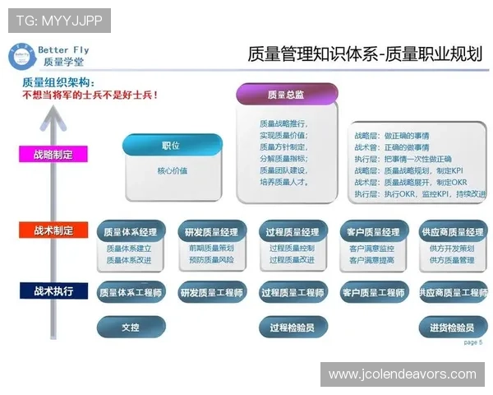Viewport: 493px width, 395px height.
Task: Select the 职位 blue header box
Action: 172,146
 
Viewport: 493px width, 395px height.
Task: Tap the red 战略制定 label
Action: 53,154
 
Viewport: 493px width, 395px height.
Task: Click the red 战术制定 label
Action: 53,231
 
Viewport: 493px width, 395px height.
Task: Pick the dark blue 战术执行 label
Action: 53,290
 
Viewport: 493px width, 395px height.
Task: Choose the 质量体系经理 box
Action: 130,232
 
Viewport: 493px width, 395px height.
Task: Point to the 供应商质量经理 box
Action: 452,232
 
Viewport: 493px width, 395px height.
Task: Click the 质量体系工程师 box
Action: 130,292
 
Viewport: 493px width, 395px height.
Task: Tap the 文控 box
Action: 130,327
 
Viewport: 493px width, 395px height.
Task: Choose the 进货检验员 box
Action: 452,327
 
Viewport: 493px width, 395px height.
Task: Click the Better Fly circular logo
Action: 21,55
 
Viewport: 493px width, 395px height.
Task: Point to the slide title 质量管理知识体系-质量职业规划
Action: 364,54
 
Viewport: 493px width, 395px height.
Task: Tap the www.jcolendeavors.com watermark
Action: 402,374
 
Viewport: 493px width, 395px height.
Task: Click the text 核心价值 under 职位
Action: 172,171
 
